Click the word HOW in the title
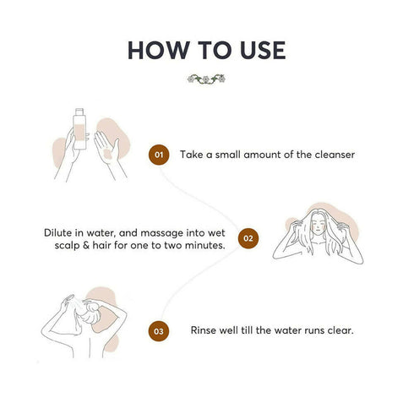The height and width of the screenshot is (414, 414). tap(159, 50)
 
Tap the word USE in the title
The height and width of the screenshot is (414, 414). tap(263, 50)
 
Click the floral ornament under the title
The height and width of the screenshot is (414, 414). tap(206, 79)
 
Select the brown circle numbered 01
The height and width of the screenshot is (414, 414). tap(159, 155)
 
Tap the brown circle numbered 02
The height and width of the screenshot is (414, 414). tap(248, 238)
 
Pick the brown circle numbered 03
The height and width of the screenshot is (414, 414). tap(159, 331)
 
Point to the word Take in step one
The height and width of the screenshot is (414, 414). tap(192, 155)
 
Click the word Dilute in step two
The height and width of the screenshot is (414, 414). tap(57, 233)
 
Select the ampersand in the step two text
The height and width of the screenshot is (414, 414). tap(86, 245)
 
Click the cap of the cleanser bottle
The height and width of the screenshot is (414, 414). tap(79, 112)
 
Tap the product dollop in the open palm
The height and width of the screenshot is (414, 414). tap(107, 154)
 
